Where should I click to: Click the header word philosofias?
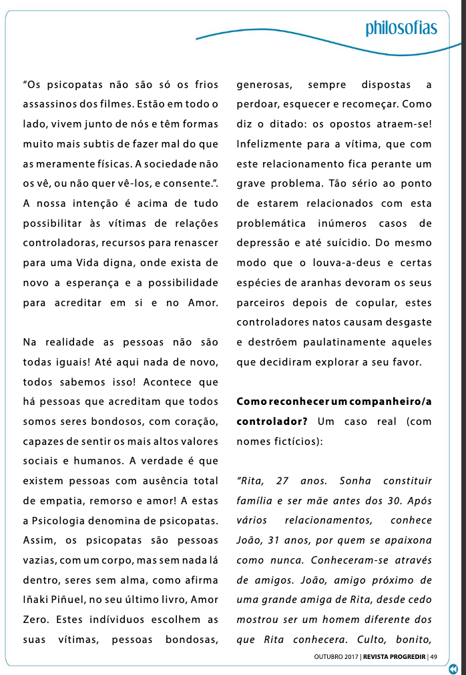(x=401, y=27)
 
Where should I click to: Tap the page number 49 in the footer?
(x=433, y=656)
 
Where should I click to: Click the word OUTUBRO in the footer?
(x=328, y=656)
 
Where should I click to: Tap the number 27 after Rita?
(x=280, y=481)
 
